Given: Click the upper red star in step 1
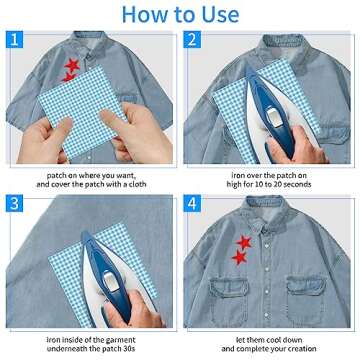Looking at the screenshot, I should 71,68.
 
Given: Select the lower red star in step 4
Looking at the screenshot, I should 239,259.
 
